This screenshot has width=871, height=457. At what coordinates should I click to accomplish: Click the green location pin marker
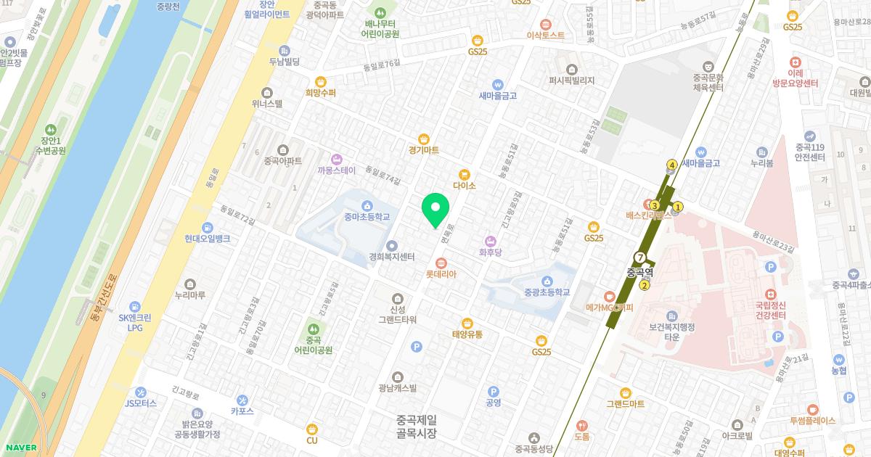tap(435, 210)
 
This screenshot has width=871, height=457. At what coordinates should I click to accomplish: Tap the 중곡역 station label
tap(640, 273)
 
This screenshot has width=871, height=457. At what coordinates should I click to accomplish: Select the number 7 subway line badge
tap(639, 258)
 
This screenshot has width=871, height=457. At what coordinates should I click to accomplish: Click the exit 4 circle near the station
tap(673, 165)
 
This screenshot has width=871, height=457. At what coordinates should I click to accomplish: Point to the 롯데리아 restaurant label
tap(441, 274)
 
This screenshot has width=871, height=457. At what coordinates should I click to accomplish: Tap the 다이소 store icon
tap(464, 174)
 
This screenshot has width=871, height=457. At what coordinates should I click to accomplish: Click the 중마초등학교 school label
tap(367, 216)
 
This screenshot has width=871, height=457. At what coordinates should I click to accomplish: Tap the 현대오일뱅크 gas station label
tap(207, 238)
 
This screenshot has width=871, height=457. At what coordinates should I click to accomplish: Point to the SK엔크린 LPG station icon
tap(135, 307)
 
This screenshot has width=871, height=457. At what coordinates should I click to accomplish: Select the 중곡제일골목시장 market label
tap(417, 426)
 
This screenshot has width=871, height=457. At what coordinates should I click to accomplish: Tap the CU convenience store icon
tap(312, 428)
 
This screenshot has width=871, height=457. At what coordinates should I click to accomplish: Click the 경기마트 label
tap(424, 150)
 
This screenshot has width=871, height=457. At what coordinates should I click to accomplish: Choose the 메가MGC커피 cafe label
tap(610, 308)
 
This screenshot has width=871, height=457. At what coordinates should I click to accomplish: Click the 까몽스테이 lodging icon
tap(336, 159)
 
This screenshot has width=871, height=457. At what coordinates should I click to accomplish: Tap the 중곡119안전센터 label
tap(809, 147)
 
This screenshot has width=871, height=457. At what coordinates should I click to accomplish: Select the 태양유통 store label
tap(467, 334)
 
